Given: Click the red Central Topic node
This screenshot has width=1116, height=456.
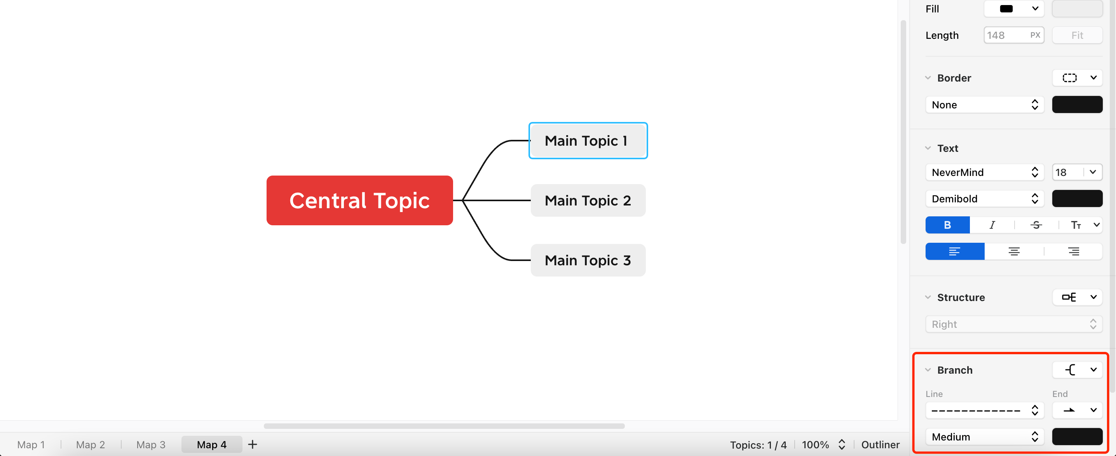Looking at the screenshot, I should tap(359, 200).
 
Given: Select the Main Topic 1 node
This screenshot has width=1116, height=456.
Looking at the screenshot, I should tap(588, 141).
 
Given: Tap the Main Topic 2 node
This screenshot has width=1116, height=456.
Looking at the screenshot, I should tap(588, 200).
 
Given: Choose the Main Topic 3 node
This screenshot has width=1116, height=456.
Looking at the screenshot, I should tap(588, 260).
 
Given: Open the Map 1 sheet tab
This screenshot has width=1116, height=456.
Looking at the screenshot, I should tap(31, 445).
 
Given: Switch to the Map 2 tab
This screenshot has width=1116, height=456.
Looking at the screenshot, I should tap(90, 445).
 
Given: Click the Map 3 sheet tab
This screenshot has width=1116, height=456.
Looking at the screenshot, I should tap(150, 445).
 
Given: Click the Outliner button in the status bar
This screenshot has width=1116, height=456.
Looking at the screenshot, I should tap(880, 445).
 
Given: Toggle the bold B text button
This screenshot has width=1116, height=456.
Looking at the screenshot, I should tap(947, 225).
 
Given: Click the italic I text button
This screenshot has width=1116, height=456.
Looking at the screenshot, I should tap(992, 225).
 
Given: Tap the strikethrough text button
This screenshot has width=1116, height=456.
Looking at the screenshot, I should tap(1036, 225).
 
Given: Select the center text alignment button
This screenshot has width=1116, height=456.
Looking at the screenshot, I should tap(1014, 252).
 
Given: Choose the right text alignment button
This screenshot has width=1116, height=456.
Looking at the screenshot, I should tap(1073, 252).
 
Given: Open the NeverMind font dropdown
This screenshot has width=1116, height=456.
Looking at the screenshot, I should tap(984, 172).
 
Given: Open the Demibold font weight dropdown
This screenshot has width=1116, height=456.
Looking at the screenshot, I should tap(984, 199).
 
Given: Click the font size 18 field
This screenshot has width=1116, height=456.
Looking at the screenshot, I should tap(1067, 172).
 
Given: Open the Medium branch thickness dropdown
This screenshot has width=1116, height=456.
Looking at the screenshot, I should tap(984, 437).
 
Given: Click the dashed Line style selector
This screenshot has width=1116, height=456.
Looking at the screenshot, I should tap(984, 411).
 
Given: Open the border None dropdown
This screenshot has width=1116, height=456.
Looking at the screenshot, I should tap(984, 105).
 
